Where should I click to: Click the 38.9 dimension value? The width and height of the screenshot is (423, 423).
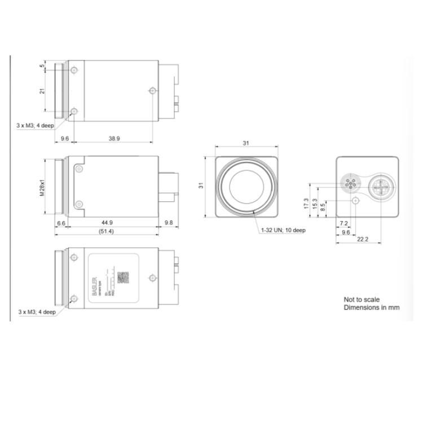pyautogui.click(x=114, y=138)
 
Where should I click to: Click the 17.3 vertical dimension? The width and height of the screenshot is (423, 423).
pyautogui.click(x=306, y=202)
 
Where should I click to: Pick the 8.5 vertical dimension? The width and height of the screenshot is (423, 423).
pyautogui.click(x=323, y=208)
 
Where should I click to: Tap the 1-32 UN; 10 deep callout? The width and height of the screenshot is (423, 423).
pyautogui.click(x=283, y=230)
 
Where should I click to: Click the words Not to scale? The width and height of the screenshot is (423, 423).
pyautogui.click(x=362, y=299)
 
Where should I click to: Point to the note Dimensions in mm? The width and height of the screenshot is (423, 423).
pyautogui.click(x=372, y=308)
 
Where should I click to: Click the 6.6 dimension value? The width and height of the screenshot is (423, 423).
pyautogui.click(x=61, y=223)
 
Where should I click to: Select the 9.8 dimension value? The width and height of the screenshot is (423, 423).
pyautogui.click(x=169, y=223)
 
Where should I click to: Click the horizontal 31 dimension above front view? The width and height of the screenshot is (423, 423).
pyautogui.click(x=246, y=143)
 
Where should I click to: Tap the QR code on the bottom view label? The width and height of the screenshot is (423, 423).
pyautogui.click(x=123, y=277)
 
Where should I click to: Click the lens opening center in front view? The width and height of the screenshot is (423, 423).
pyautogui.click(x=246, y=187)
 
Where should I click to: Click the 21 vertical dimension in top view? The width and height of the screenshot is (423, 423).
pyautogui.click(x=42, y=91)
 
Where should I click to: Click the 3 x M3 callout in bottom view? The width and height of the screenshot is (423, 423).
pyautogui.click(x=37, y=311)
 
